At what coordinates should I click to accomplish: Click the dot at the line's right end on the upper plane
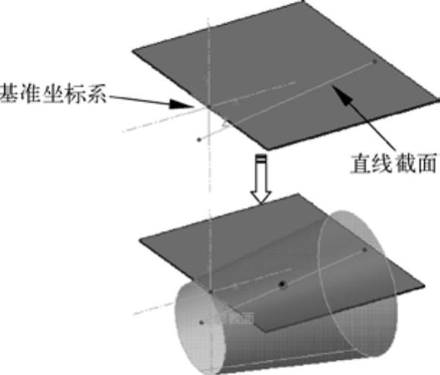tap(374, 62)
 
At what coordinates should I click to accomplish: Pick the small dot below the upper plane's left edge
tap(199, 139)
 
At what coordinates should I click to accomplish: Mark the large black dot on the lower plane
tap(282, 285)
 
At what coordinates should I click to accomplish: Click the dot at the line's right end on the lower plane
tap(365, 250)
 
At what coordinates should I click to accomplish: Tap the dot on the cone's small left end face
tap(199, 319)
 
